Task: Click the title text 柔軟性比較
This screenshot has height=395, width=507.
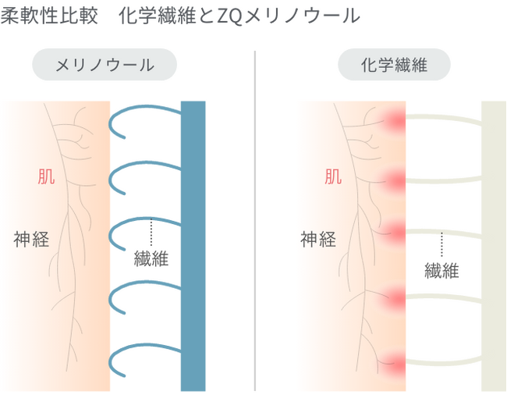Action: tap(48, 16)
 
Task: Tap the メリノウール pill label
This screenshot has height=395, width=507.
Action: tap(105, 66)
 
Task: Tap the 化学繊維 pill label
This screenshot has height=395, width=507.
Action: tap(394, 66)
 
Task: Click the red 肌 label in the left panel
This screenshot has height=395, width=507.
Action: tap(47, 176)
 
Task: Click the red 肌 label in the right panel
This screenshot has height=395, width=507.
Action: tap(333, 176)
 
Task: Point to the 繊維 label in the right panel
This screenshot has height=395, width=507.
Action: tap(441, 271)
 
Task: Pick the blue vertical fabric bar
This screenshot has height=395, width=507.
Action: tap(193, 246)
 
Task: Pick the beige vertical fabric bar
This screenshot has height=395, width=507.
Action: tap(494, 246)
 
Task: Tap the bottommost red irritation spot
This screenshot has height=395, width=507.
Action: tap(395, 364)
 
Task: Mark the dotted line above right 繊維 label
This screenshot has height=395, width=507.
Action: tap(441, 244)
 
